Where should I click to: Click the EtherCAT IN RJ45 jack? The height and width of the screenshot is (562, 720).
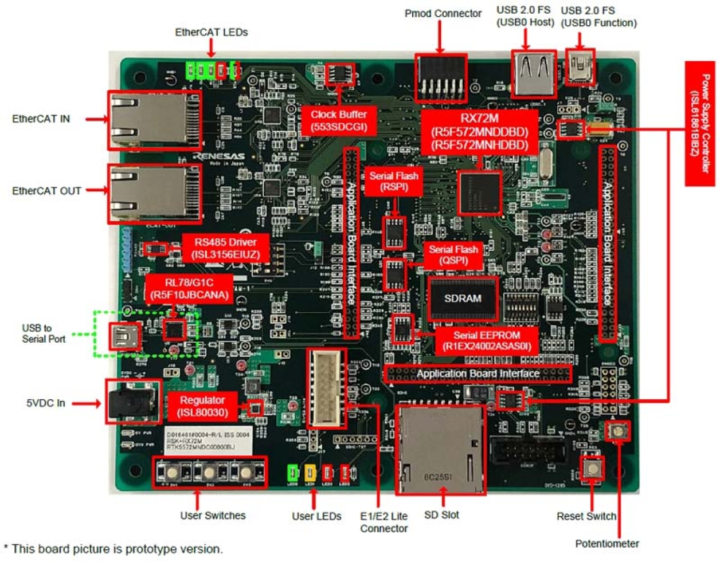pos(154,120)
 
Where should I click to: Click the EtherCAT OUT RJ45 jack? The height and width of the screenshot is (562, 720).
pos(154,193)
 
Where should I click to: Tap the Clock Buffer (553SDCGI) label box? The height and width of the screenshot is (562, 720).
pos(338,120)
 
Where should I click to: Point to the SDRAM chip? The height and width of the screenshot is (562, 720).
pos(463,298)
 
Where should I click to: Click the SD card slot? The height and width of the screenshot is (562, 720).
pos(440,450)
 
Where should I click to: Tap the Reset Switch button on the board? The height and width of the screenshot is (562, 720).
pos(592,469)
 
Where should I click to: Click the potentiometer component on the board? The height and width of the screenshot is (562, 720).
pos(617,430)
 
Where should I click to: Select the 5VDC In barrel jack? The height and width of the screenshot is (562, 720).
pos(132,402)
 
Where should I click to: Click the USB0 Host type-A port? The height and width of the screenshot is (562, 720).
pos(534,74)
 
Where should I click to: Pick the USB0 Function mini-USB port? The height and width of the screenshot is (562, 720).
pos(580,67)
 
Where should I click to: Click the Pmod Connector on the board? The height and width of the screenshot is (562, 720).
pos(441,78)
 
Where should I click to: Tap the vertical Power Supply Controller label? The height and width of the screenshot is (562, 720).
pos(699,123)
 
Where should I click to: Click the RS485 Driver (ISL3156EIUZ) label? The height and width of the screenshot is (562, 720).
pos(226,248)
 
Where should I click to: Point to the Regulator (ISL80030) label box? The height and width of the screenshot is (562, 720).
pos(202,406)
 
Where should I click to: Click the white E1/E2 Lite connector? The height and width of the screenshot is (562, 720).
pos(327,388)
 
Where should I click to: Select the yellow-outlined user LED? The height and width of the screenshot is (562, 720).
pos(310,473)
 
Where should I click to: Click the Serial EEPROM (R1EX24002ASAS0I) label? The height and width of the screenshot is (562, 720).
pos(486,341)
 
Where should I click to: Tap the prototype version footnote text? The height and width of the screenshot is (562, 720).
pos(113,549)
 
